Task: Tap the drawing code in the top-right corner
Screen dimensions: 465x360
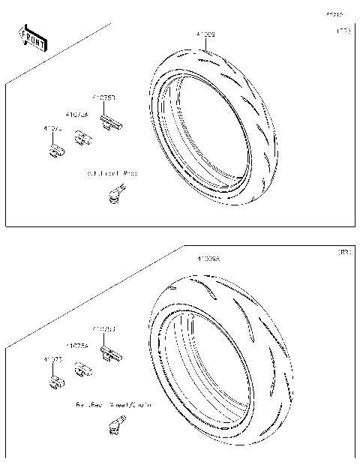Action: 333,14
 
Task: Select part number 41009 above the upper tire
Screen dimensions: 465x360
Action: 205,34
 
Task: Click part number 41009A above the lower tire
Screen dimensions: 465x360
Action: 208,259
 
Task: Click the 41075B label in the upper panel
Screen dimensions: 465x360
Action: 103,97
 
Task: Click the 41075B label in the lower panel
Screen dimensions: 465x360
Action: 103,329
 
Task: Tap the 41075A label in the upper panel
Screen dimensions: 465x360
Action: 76,115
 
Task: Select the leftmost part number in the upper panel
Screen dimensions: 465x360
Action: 52,129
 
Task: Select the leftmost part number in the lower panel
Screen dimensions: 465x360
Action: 52,360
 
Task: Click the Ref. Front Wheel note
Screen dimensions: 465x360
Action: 112,173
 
